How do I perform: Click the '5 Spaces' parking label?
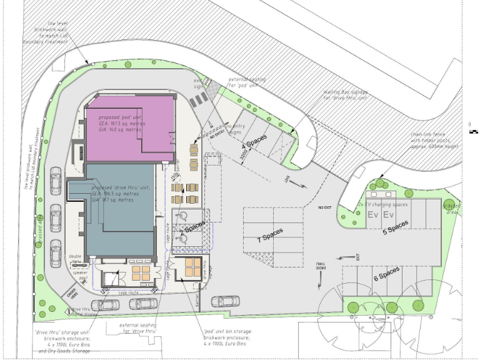tap(396, 226)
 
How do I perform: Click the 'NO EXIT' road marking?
tap(324, 207)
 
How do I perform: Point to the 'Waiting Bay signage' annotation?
tap(346, 94)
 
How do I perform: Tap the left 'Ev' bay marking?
tap(373, 215)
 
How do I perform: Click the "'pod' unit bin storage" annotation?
tap(228, 337)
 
